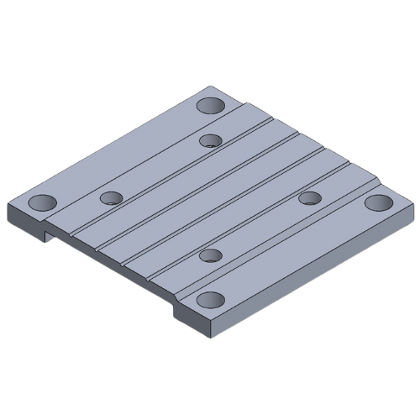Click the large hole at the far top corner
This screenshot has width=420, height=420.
click(210, 106)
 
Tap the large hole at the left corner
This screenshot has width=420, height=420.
click(40, 203)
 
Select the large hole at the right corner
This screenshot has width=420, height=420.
click(379, 202)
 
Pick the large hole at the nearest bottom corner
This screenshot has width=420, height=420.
click(210, 300)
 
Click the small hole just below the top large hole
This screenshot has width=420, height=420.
click(211, 139)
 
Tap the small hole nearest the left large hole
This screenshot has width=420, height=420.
click(111, 198)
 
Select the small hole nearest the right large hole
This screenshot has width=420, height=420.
click(310, 198)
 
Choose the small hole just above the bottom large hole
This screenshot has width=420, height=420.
click(211, 255)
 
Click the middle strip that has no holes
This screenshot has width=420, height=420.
click(210, 197)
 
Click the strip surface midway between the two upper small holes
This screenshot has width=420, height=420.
click(160, 169)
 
